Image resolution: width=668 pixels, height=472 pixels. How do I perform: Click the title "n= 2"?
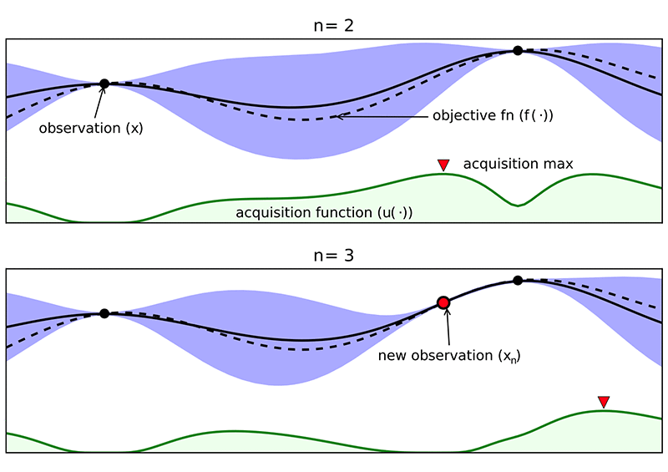[x=334, y=26]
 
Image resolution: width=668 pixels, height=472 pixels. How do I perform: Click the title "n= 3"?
[x=334, y=256]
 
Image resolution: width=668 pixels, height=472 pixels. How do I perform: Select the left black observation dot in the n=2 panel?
[x=104, y=84]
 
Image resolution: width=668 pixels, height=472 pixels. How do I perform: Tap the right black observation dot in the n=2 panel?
[x=518, y=51]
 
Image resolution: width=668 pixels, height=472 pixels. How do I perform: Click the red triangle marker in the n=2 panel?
[x=443, y=165]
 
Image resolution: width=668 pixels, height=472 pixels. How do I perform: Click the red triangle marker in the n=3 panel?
[x=604, y=403]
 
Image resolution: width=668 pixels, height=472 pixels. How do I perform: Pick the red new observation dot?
[x=443, y=302]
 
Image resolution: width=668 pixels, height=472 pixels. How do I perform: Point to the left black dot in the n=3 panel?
[x=104, y=313]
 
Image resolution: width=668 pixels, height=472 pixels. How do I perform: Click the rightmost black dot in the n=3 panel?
[x=518, y=280]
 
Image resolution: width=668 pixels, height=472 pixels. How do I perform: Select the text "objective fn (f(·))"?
[x=493, y=115]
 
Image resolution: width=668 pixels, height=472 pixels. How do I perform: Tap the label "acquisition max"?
[x=518, y=164]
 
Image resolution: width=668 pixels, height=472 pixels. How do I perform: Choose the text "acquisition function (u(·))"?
[x=325, y=212]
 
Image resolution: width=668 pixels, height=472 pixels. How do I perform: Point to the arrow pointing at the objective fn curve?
[x=380, y=116]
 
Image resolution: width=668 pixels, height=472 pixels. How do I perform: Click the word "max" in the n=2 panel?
[x=559, y=164]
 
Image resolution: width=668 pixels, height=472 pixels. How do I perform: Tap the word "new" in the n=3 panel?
[x=392, y=356]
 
